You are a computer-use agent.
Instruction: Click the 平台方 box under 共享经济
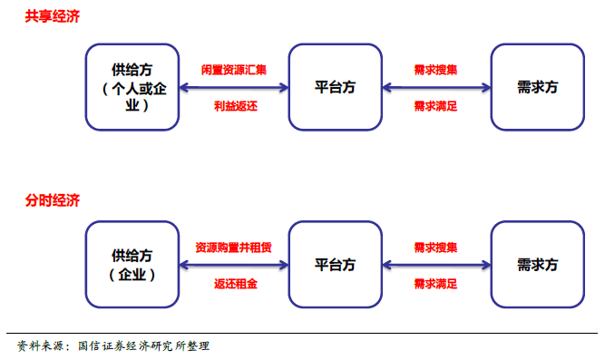(x=335, y=87)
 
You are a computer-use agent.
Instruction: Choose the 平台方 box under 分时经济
(x=335, y=265)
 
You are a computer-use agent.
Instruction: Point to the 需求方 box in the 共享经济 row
(x=537, y=87)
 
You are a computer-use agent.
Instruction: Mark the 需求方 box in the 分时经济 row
(x=537, y=265)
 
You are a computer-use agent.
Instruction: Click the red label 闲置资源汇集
(x=234, y=70)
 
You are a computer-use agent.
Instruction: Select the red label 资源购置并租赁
(x=234, y=247)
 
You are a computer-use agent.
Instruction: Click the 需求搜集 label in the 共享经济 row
(x=435, y=70)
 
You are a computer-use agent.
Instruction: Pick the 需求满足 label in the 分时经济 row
(x=435, y=284)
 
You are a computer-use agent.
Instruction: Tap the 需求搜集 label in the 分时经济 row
(x=435, y=247)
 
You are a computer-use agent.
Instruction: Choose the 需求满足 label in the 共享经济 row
(x=435, y=106)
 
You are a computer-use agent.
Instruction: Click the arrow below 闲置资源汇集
(x=234, y=88)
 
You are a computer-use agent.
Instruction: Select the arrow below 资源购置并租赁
(x=234, y=265)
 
